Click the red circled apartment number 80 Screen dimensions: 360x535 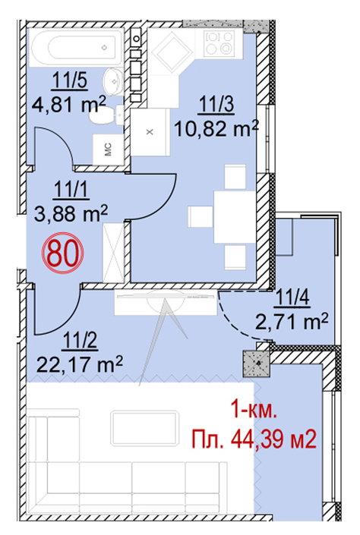[x=63, y=253]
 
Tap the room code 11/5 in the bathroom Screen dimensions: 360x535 [x=69, y=81]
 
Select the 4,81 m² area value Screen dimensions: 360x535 [x=68, y=104]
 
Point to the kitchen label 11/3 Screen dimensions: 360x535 [x=216, y=104]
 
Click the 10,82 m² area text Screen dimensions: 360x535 [x=216, y=128]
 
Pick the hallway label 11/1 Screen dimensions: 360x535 [x=71, y=190]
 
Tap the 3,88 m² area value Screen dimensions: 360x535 [x=71, y=212]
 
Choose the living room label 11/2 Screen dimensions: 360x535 [x=81, y=342]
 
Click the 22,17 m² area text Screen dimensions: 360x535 [x=80, y=365]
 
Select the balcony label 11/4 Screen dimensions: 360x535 [x=293, y=298]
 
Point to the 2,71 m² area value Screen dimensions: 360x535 [x=292, y=322]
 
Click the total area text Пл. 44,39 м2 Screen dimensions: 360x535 [x=254, y=440]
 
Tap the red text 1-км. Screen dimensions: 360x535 [x=254, y=410]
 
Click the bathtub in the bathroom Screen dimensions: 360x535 [x=77, y=47]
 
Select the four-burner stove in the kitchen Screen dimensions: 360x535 [x=219, y=42]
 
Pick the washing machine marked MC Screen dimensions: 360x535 [x=109, y=149]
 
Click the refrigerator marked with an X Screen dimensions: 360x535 [x=150, y=132]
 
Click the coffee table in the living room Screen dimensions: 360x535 [x=145, y=429]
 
